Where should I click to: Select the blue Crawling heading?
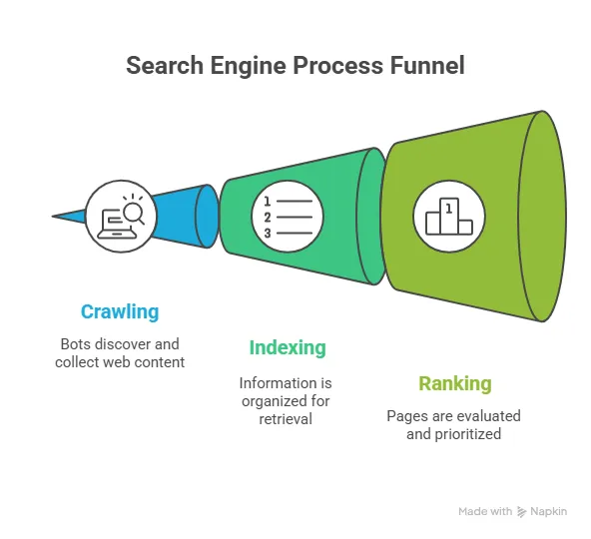pos(120,311)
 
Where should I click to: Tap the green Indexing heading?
pos(288,347)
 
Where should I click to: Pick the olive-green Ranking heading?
pos(453,383)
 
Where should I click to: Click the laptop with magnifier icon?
pos(121,212)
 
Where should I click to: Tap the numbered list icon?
pos(288,212)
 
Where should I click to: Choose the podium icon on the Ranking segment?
pos(449,213)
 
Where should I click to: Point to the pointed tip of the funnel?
pos(56,215)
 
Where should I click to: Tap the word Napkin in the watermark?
pos(549,511)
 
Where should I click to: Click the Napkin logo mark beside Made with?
pos(521,511)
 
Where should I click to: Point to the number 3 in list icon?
pos(268,233)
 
